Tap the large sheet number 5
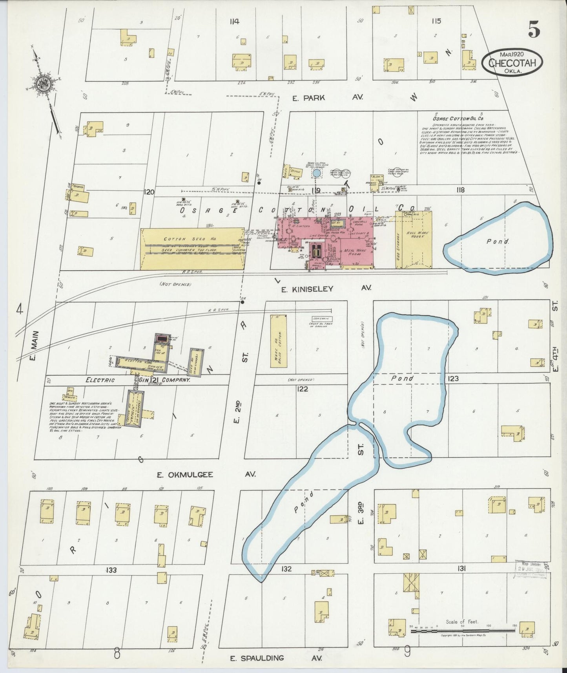(534, 30)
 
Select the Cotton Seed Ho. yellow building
(192, 249)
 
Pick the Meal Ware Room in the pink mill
(356, 251)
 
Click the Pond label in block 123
(402, 378)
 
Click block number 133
(111, 570)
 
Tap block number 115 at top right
(436, 21)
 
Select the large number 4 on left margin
(20, 310)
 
